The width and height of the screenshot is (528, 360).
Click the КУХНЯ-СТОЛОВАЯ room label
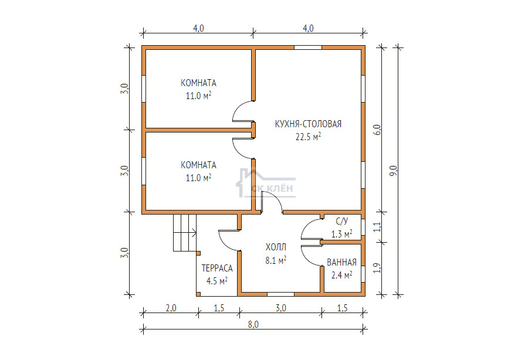click(308, 124)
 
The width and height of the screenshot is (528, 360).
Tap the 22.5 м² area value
click(308, 137)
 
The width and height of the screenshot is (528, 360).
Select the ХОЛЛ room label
click(276, 247)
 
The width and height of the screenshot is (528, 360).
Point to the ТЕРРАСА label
click(217, 268)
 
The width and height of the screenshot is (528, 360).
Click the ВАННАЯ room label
click(341, 263)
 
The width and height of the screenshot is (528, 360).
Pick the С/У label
click(342, 221)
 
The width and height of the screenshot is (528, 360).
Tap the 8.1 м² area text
click(276, 260)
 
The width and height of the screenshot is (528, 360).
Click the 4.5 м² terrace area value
click(217, 281)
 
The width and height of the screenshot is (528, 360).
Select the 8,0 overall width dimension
click(253, 324)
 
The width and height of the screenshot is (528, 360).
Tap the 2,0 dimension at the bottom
click(171, 308)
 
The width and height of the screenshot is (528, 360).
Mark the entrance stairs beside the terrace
click(185, 233)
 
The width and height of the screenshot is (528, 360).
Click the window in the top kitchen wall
click(308, 47)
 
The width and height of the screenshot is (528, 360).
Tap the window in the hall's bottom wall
click(280, 294)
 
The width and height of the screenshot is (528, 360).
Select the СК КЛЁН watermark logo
click(266, 184)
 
